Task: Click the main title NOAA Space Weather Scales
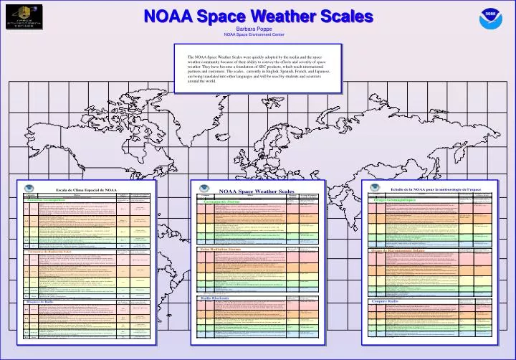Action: [257, 15]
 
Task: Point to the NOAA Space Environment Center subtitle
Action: [258, 34]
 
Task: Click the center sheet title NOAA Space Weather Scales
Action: [256, 191]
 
